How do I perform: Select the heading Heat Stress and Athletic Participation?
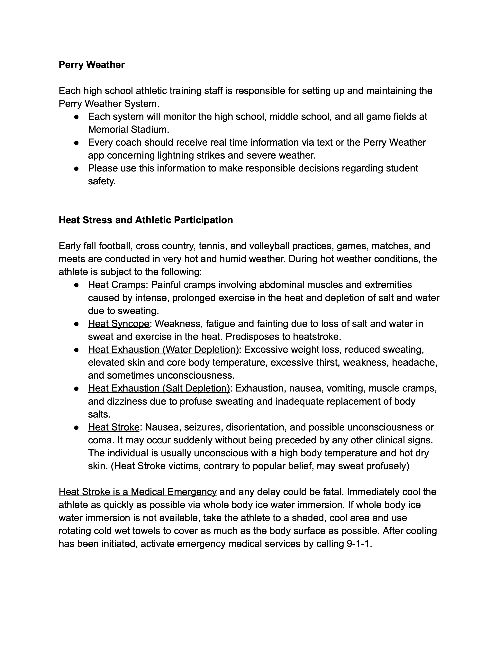click(x=146, y=220)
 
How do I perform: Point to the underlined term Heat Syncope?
click(x=119, y=324)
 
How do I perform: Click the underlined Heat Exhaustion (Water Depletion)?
click(x=163, y=350)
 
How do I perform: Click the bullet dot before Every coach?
click(x=76, y=143)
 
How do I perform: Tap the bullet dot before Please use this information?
click(x=76, y=169)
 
